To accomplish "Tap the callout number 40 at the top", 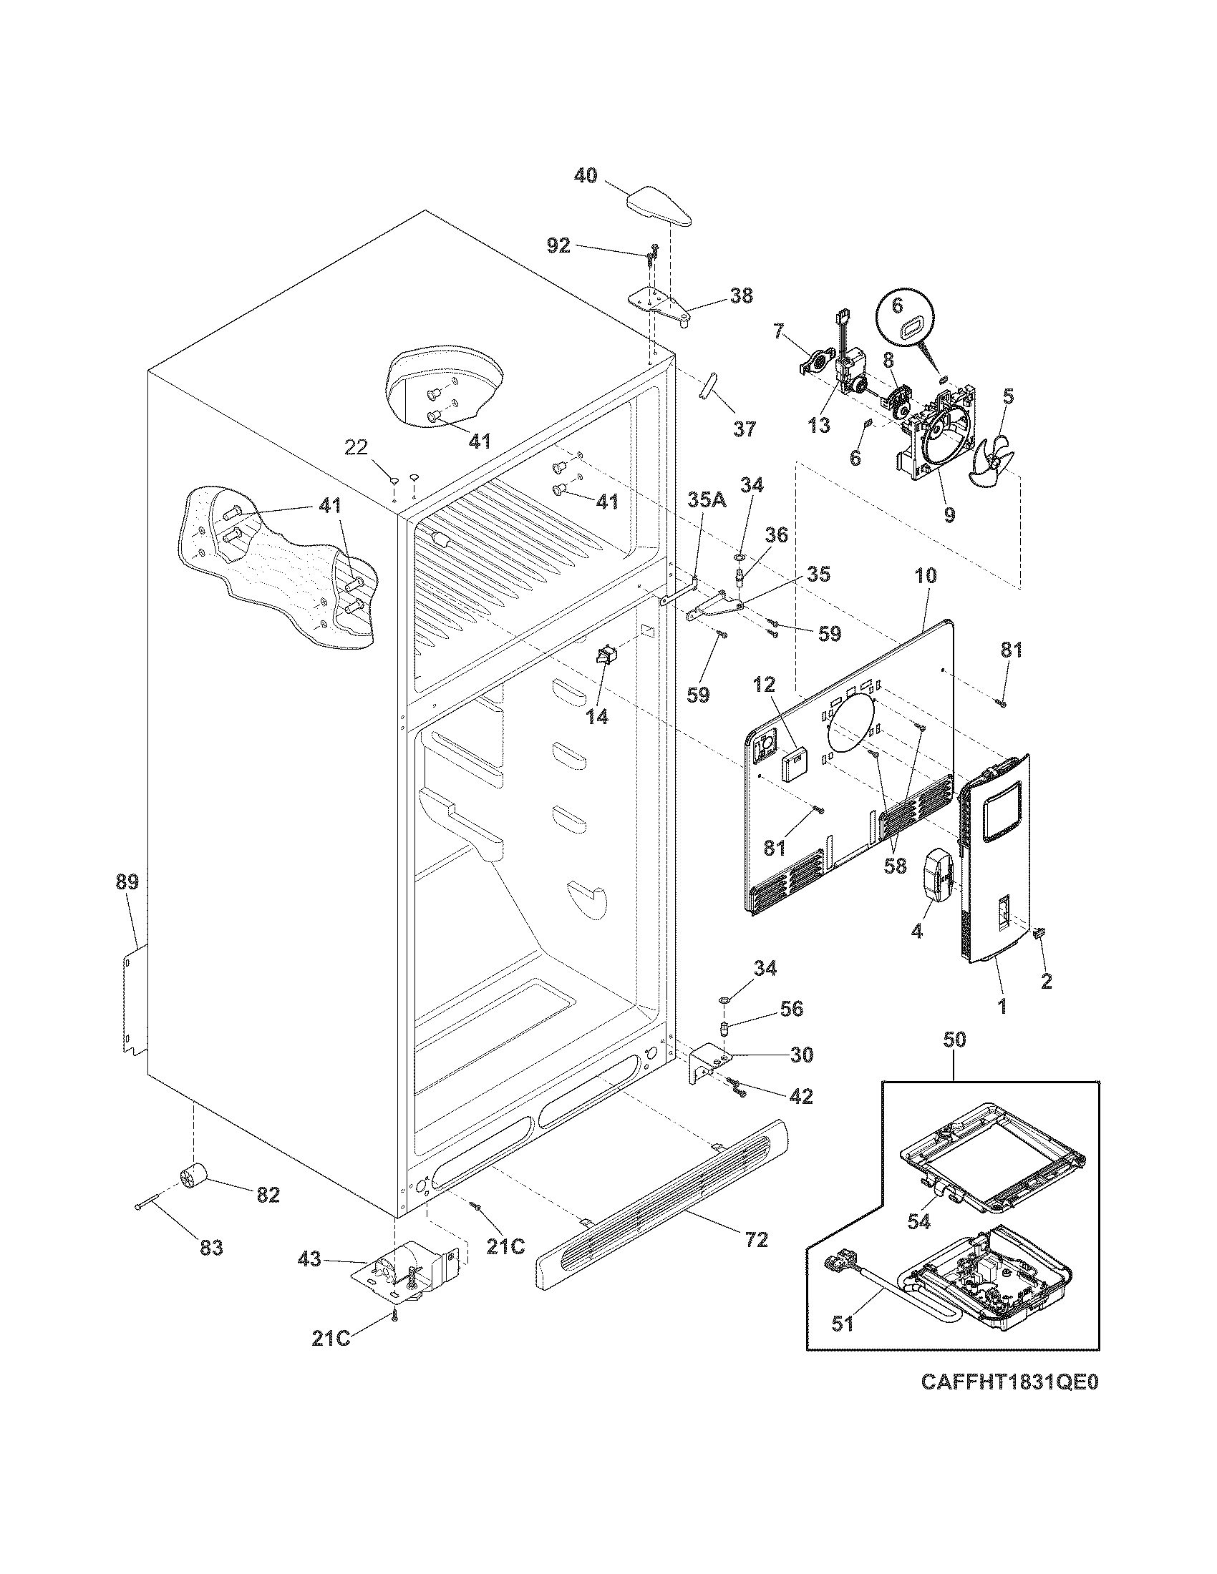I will click(x=586, y=175).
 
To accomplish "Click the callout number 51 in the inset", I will click(x=842, y=1323).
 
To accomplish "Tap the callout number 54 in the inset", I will click(x=918, y=1221).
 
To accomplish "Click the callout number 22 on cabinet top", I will click(x=357, y=449).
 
